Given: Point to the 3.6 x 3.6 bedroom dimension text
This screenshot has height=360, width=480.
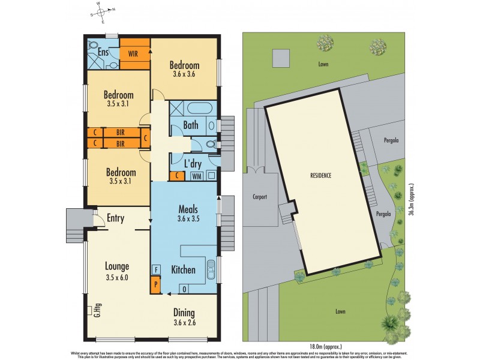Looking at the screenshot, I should (x=184, y=74).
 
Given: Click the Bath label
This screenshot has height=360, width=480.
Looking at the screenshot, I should (x=191, y=125).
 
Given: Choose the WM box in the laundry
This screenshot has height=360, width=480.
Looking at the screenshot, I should (x=196, y=176).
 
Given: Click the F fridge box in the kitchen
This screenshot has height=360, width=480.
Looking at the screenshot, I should (x=155, y=269).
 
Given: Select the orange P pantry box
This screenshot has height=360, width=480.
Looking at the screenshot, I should (x=155, y=283).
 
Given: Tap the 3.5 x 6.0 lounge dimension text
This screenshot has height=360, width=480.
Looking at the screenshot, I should (x=117, y=277).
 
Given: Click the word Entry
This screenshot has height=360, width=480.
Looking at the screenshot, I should (x=115, y=218).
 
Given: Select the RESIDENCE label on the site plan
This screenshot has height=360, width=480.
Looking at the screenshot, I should (x=320, y=176).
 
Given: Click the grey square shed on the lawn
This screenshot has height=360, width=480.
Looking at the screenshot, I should (x=281, y=59).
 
